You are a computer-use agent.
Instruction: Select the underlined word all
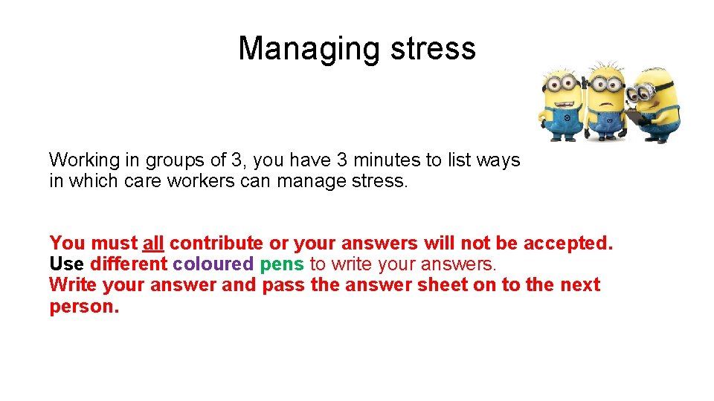pos(153,243)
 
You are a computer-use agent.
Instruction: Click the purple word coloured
pos(213,264)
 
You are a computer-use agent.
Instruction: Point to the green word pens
pos(282,264)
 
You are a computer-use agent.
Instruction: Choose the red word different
pos(129,264)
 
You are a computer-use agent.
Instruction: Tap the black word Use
pos(67,264)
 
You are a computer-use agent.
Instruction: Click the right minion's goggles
pos(640,92)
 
